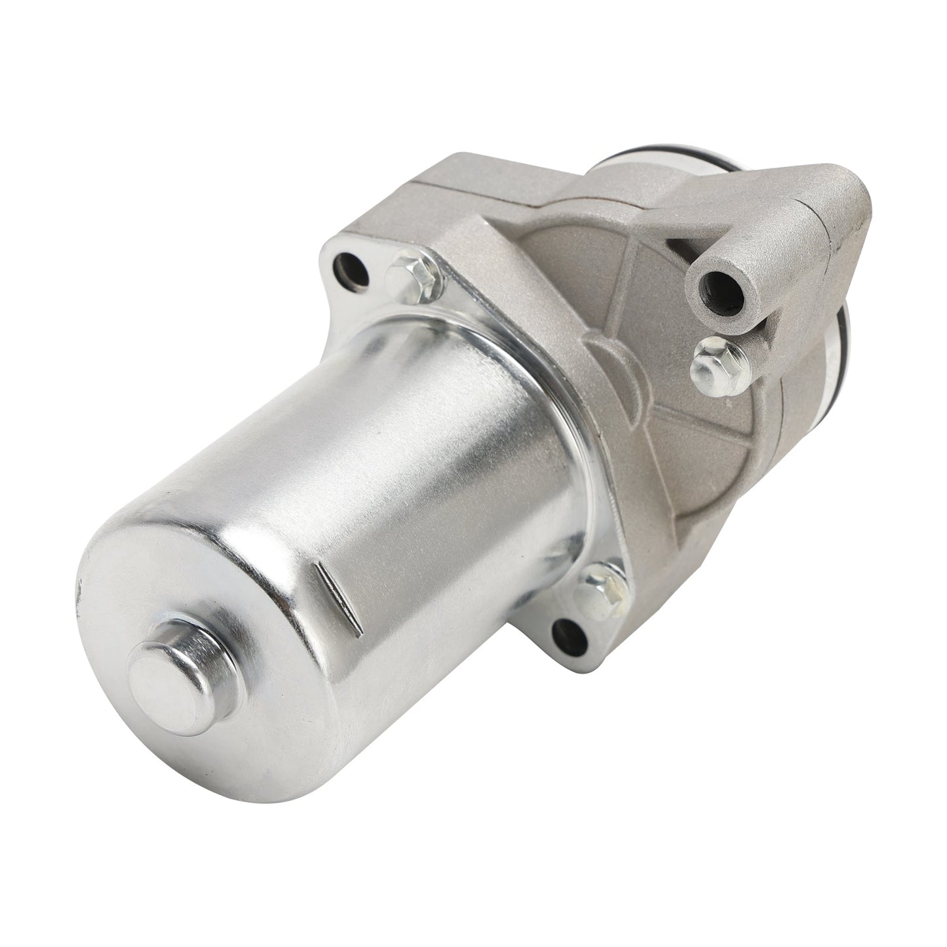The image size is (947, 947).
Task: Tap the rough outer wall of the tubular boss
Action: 754,308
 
